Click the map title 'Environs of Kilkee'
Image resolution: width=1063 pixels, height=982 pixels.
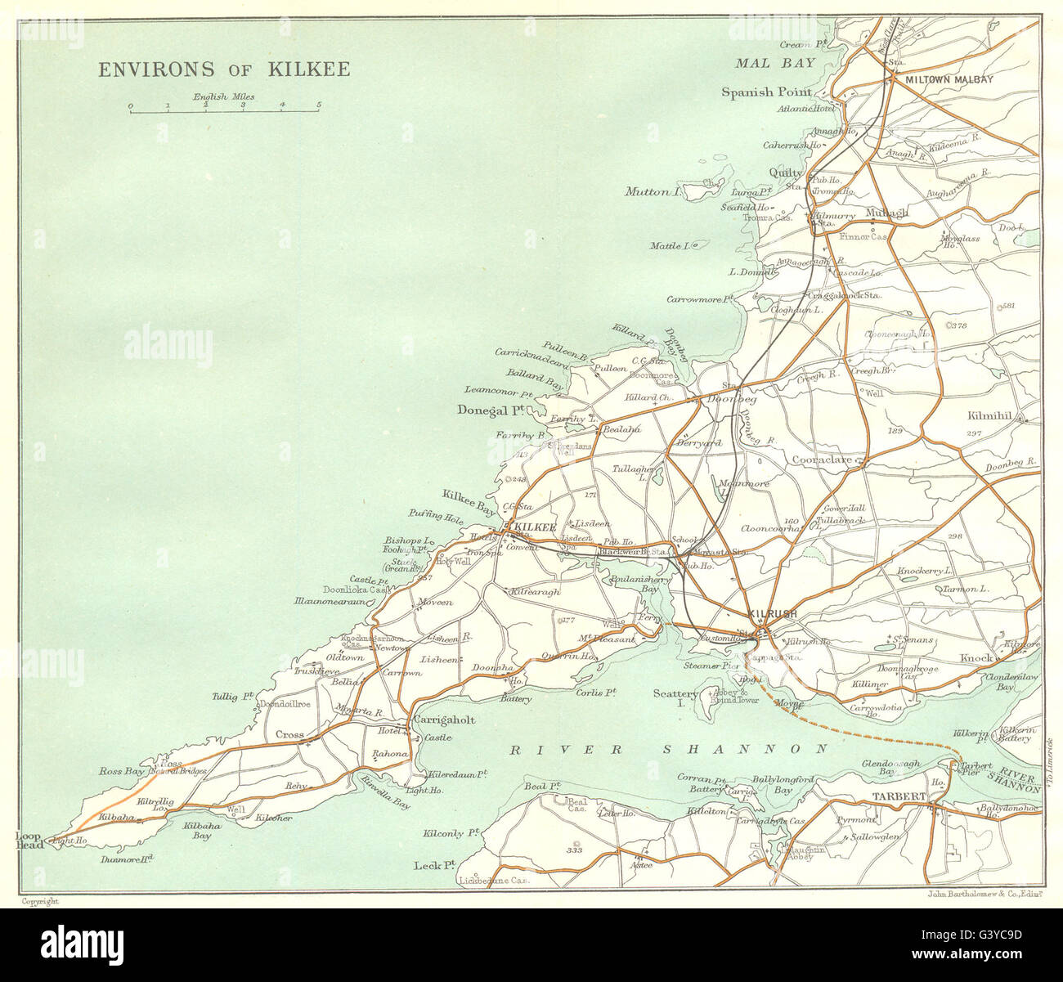coord(224,69)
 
